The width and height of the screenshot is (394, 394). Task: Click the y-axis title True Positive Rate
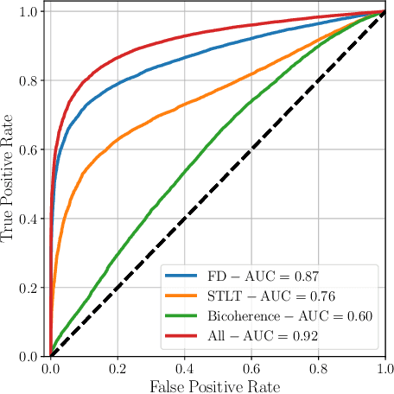[10, 184]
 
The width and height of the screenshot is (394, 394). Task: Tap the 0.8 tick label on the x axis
[318, 368]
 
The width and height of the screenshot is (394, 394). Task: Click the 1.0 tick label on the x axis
[384, 368]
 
